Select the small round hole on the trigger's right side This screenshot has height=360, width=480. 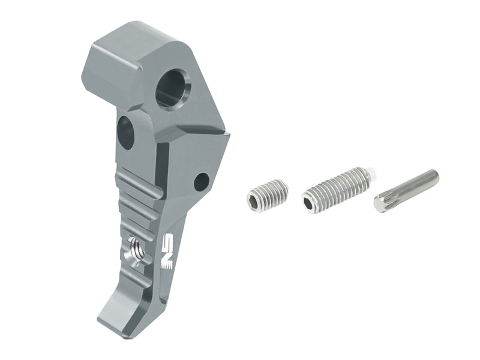(x=202, y=181)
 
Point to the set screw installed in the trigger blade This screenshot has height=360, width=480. (x=137, y=250)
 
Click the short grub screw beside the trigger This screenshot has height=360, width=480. (x=267, y=196)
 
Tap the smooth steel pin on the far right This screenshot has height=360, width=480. (x=406, y=190)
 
